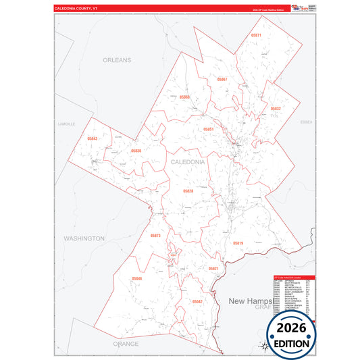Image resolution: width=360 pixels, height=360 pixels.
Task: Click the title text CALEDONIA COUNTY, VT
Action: point(80,8)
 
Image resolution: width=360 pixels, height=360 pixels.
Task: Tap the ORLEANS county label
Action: point(117,60)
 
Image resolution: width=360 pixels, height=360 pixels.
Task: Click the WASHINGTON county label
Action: point(84,238)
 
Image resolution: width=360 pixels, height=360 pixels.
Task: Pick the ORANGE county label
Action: point(126,343)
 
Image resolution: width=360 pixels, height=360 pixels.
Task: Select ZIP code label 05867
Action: point(222,80)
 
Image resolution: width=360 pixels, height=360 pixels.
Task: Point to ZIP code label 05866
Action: point(184,97)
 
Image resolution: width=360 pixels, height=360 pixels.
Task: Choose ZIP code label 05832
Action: point(276,108)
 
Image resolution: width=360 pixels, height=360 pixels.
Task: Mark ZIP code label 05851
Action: point(209,129)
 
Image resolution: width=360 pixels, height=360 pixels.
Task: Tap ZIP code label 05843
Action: point(93,138)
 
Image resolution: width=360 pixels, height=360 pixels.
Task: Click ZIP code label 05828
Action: point(188,191)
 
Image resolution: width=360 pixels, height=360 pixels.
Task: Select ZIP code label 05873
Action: point(155,235)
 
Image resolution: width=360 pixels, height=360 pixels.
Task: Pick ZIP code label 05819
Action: point(238,242)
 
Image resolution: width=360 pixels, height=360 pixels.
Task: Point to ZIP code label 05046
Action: point(137,278)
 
